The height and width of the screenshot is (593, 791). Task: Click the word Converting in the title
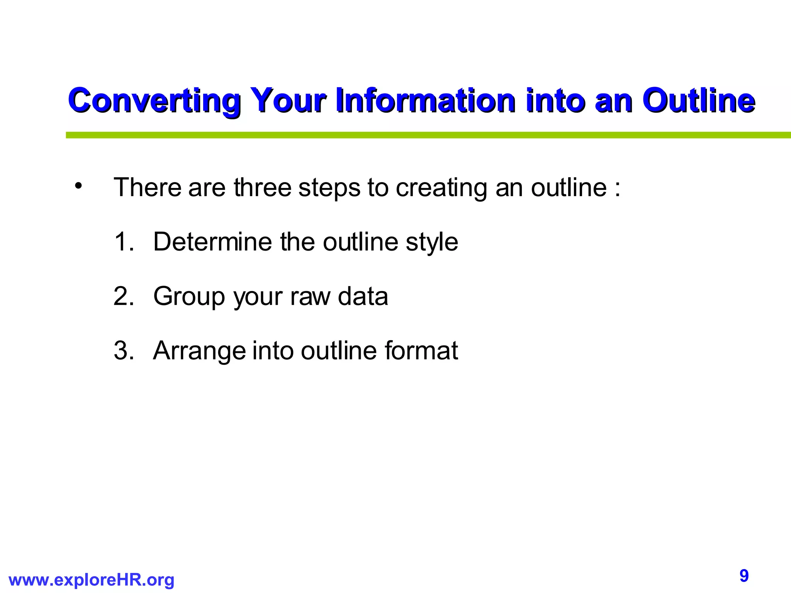tap(154, 101)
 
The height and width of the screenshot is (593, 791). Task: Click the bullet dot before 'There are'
tap(79, 186)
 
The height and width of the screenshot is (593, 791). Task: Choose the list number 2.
tap(123, 296)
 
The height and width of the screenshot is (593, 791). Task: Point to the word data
tap(363, 296)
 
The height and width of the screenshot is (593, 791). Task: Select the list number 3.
tap(123, 351)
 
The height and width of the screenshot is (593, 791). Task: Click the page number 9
tap(744, 576)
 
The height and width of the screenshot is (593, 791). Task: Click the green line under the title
tap(425, 135)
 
